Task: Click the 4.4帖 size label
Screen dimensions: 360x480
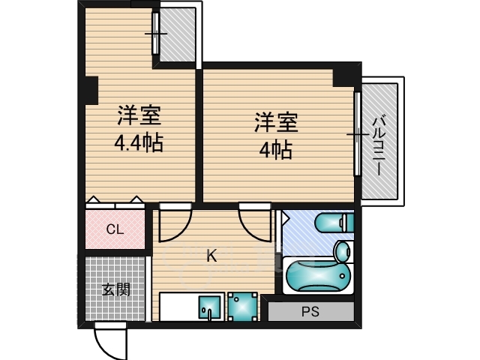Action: tap(139, 142)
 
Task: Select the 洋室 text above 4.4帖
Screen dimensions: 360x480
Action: tap(139, 117)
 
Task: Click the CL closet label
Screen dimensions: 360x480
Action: tap(114, 229)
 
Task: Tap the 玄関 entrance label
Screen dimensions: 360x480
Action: tap(116, 289)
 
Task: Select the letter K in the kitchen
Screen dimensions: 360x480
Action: tap(211, 256)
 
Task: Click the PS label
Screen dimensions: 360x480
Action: tap(310, 311)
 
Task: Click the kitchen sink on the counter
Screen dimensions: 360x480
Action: tap(209, 307)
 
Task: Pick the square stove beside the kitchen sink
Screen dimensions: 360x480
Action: tap(242, 306)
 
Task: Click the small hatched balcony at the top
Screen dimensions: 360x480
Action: tap(178, 34)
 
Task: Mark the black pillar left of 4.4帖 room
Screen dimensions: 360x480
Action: tap(91, 89)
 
